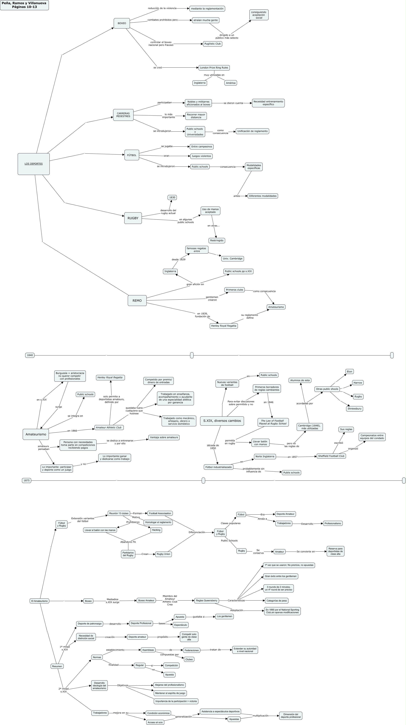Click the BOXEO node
coord(122,23)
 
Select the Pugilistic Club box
coord(213,44)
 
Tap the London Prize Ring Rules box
coord(214,68)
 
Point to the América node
coord(231,83)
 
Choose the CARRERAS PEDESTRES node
coord(123,115)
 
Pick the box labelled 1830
coord(172,197)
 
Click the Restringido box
coord(217,241)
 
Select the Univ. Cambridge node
coord(232,259)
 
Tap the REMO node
coord(137,301)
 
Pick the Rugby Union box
coord(163,554)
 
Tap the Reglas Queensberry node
coord(207,601)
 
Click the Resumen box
coord(57,666)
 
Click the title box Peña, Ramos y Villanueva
coord(24,5)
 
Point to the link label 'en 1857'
coord(292,457)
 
